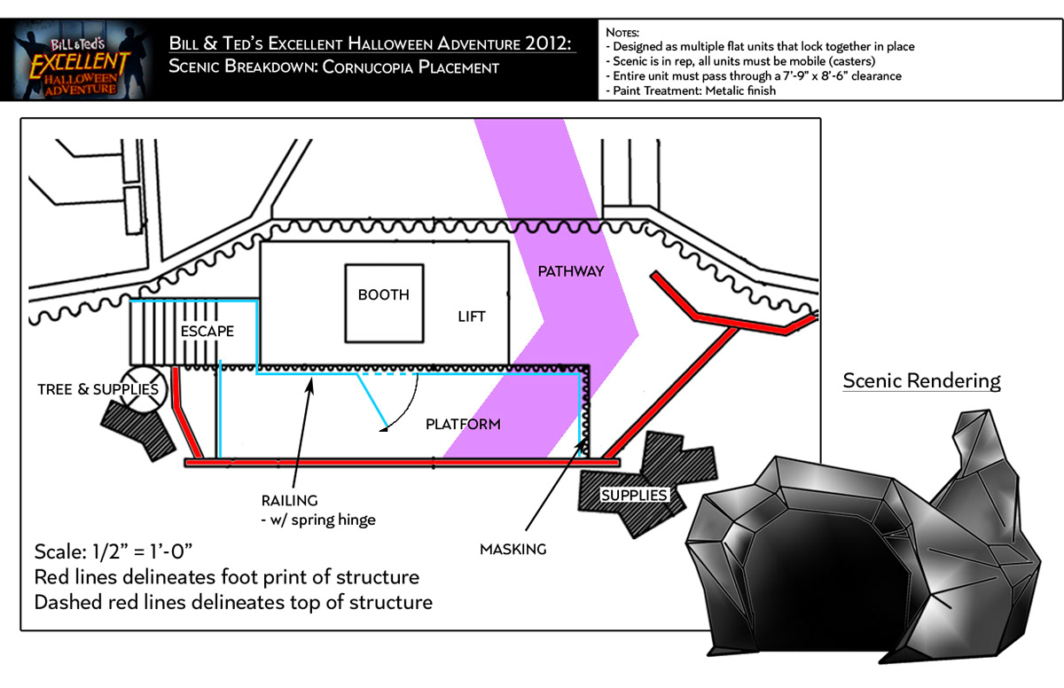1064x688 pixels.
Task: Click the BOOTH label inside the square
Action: point(384,294)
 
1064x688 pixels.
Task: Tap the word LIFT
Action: point(472,317)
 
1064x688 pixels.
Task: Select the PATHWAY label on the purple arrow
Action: point(571,271)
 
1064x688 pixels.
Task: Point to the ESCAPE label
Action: point(207,331)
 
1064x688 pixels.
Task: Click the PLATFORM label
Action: point(463,424)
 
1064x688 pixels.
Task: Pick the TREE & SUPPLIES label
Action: point(98,389)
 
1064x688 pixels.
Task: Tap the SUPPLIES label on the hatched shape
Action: point(633,495)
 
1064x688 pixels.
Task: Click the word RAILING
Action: point(289,501)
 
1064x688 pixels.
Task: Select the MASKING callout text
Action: point(513,549)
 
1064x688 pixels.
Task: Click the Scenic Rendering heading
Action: point(921,381)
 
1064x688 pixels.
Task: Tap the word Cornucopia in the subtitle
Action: point(372,67)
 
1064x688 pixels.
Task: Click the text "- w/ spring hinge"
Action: point(318,520)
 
